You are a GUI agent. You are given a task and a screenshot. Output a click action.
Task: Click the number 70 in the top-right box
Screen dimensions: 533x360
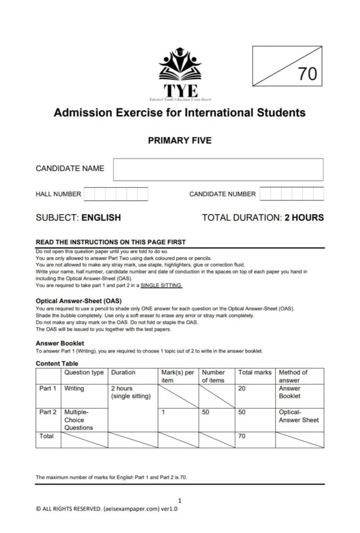click(308, 74)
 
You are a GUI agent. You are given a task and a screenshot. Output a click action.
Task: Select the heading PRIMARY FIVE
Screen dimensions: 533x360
click(180, 141)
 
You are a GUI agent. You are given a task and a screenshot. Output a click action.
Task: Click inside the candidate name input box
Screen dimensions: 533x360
click(218, 169)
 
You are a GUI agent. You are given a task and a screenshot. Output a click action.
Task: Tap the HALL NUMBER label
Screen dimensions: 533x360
click(58, 194)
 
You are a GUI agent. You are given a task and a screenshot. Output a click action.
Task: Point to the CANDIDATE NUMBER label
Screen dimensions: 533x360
click(222, 194)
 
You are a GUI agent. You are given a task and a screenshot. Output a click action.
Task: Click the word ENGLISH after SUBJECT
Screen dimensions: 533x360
click(101, 218)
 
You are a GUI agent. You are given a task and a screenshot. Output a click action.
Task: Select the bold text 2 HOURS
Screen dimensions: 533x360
click(304, 218)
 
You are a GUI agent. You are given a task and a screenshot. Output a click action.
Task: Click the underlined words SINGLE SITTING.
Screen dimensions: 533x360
click(162, 286)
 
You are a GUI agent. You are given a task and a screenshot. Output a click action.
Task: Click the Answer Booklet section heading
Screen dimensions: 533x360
click(60, 342)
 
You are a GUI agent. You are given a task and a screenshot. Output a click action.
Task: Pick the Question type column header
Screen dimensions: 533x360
click(84, 372)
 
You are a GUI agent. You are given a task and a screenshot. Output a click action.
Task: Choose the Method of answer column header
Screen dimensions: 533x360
click(293, 376)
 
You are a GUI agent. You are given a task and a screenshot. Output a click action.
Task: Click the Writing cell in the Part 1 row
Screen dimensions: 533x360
click(74, 388)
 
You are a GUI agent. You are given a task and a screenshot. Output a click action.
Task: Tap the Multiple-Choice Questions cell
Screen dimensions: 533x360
click(79, 419)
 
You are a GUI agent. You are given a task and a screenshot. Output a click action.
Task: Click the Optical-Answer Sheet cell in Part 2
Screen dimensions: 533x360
click(298, 415)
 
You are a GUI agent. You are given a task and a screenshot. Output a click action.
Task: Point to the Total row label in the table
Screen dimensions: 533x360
click(47, 436)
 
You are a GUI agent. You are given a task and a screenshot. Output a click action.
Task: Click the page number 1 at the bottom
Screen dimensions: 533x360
click(180, 500)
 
